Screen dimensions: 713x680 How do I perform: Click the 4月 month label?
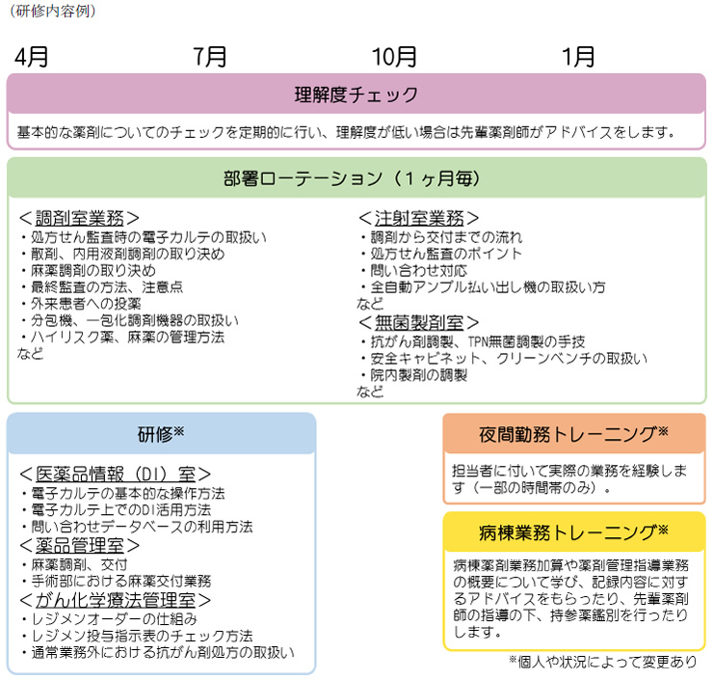click(32, 57)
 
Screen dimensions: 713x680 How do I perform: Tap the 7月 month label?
click(210, 57)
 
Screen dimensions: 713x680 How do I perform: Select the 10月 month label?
click(394, 57)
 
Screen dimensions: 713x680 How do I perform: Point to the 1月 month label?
click(578, 57)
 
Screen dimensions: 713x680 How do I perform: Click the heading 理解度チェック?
click(356, 95)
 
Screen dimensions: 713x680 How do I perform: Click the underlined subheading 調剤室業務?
click(80, 218)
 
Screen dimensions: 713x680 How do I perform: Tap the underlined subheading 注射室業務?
click(419, 218)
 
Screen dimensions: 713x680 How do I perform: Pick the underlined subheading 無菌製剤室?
click(419, 323)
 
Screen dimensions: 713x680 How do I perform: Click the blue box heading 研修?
click(155, 434)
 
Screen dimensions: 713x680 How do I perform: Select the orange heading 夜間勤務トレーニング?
click(568, 434)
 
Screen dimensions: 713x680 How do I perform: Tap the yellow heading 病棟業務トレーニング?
click(568, 532)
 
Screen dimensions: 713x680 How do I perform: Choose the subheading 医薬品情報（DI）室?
click(116, 475)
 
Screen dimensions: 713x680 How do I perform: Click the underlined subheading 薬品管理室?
click(80, 545)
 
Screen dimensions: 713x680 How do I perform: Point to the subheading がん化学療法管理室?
click(116, 600)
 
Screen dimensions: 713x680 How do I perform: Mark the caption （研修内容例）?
click(53, 11)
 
